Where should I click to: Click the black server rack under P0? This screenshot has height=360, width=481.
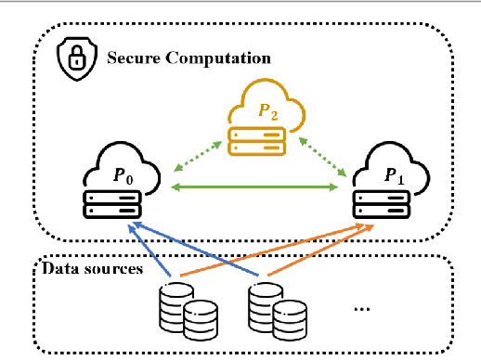112,203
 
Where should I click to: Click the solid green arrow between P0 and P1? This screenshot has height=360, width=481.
255,188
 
